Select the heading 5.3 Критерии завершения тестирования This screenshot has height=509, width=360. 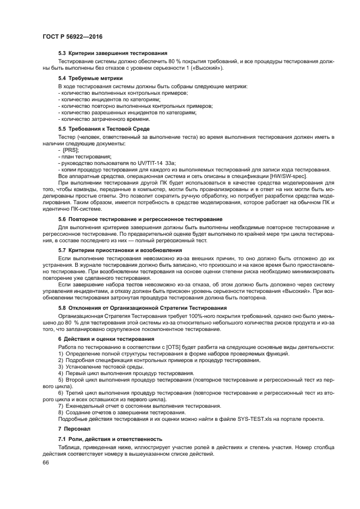click(113, 54)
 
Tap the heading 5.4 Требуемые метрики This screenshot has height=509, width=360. click(90, 78)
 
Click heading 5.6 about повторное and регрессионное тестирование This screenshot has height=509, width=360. click(137, 218)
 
